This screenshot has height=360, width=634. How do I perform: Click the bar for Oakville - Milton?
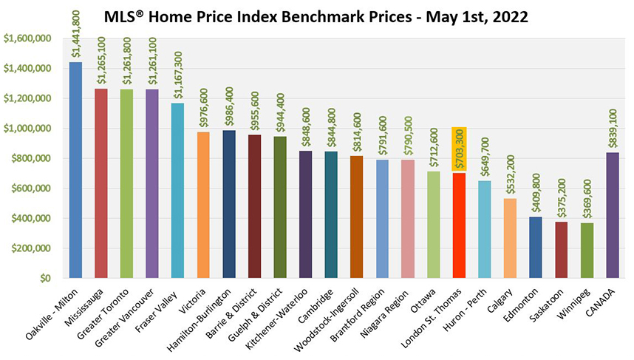tap(75, 170)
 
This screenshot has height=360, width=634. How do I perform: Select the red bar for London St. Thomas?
tap(459, 225)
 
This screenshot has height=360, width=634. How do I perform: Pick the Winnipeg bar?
tap(587, 251)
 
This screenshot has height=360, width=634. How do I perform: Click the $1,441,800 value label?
tap(76, 33)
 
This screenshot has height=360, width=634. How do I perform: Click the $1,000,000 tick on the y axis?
tap(27, 129)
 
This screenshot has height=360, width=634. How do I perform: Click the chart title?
tap(317, 16)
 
